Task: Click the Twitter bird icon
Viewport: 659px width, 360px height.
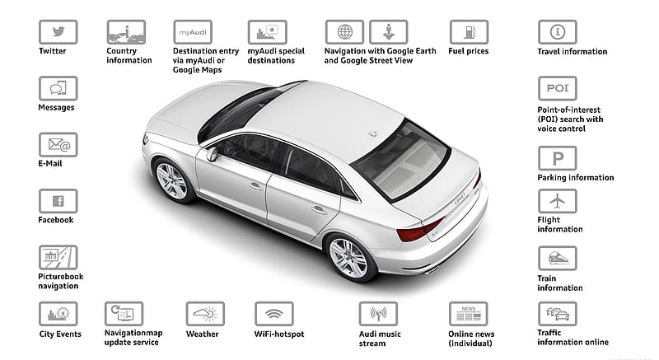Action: point(58,32)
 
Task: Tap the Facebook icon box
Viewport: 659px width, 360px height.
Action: point(58,201)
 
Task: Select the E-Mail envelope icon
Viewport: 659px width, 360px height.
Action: point(58,144)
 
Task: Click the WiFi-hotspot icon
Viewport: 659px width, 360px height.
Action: point(274,313)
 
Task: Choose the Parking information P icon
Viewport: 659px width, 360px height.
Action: point(558,158)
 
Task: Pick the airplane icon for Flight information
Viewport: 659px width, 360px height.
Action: point(558,201)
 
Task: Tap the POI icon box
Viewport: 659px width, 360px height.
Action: point(558,88)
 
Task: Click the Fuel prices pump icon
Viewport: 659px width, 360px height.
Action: point(469,32)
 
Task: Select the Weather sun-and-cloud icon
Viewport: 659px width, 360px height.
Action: point(205,313)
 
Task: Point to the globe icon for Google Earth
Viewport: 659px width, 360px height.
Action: point(344,32)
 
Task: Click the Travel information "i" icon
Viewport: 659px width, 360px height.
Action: point(558,32)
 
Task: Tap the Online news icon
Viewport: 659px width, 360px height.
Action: point(468,313)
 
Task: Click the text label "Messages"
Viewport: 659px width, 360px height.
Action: point(56,108)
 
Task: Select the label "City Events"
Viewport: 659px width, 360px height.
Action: point(60,334)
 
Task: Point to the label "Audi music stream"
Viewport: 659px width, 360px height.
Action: point(380,339)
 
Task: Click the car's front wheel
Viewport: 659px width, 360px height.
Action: point(171,181)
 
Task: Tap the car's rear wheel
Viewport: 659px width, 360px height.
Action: point(348,258)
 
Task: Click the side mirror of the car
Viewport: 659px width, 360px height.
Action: point(212,154)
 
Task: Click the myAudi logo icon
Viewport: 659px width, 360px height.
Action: point(193,32)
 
